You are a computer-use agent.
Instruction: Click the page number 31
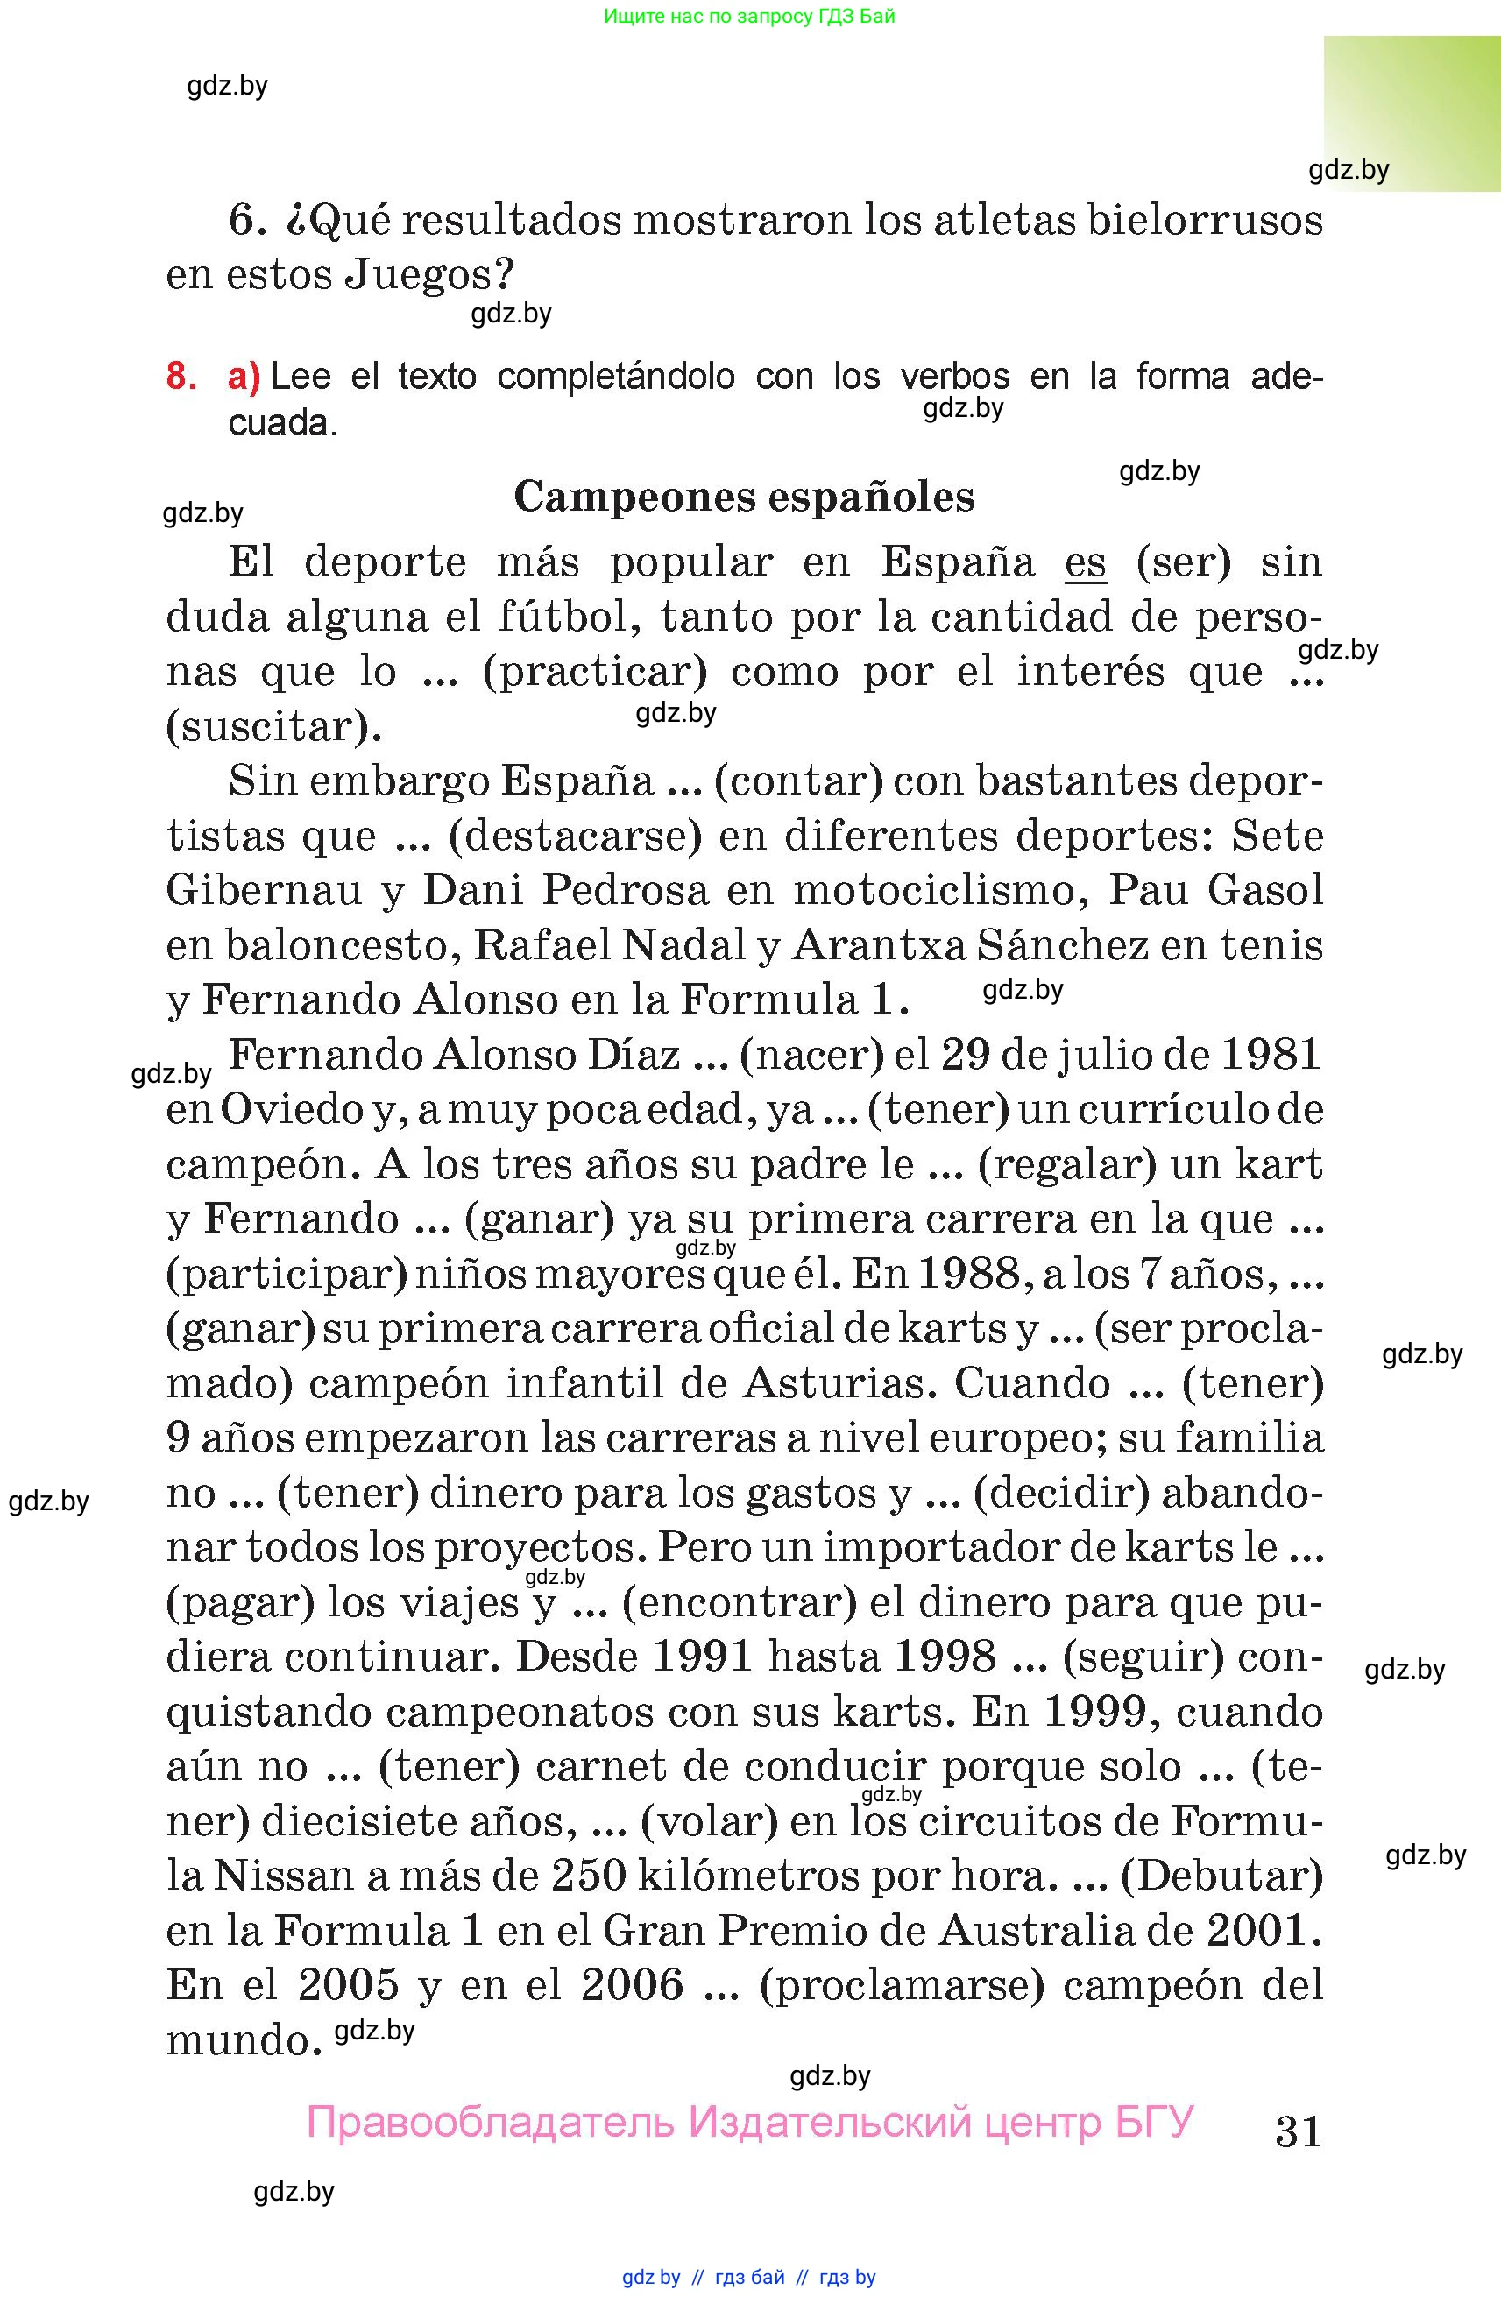pos(1298,2131)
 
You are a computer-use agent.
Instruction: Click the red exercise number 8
pos(181,376)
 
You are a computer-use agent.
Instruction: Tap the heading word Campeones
pos(634,497)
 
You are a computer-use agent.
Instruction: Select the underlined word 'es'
pos(1085,562)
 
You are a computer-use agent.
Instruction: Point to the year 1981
pos(1271,1055)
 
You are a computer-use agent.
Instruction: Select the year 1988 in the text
pos(968,1274)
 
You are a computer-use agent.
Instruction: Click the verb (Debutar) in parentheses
pos(1221,1877)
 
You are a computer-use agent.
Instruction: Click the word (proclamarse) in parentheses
pos(902,1986)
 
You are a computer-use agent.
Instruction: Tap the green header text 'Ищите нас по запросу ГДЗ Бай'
pos(749,17)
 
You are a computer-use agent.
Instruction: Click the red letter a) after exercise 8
pos(244,377)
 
